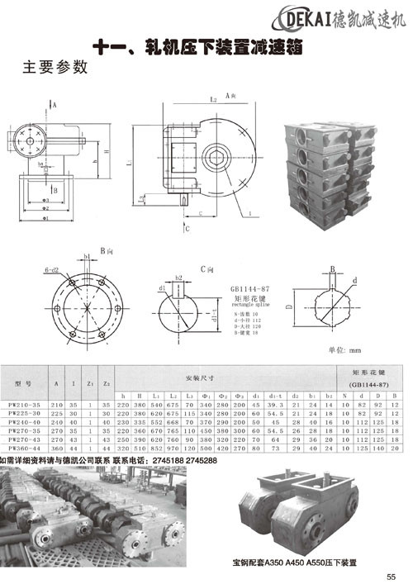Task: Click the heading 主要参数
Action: coord(55,68)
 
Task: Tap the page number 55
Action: coord(391,577)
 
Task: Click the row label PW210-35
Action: coord(23,406)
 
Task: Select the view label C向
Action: coord(207,269)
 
